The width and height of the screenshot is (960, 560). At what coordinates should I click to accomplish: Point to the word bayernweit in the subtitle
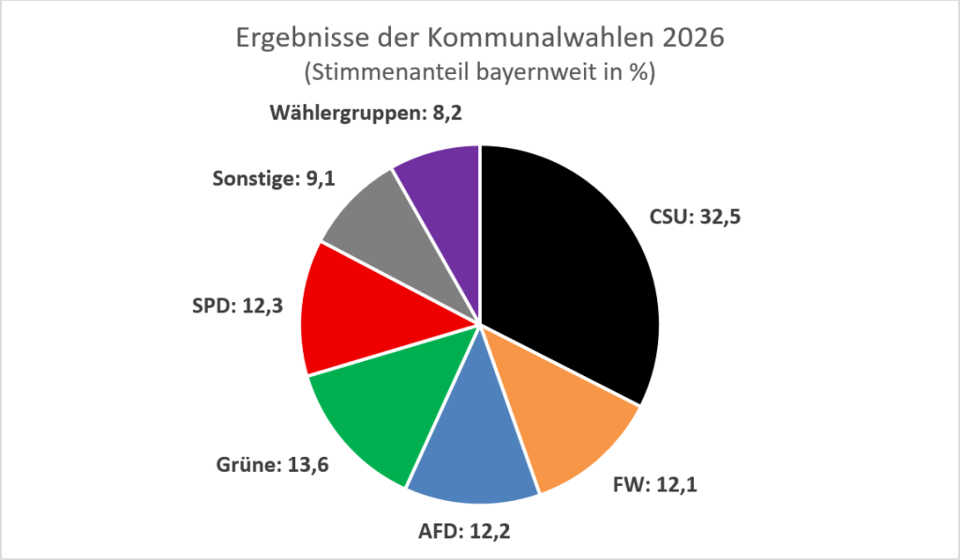531,72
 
